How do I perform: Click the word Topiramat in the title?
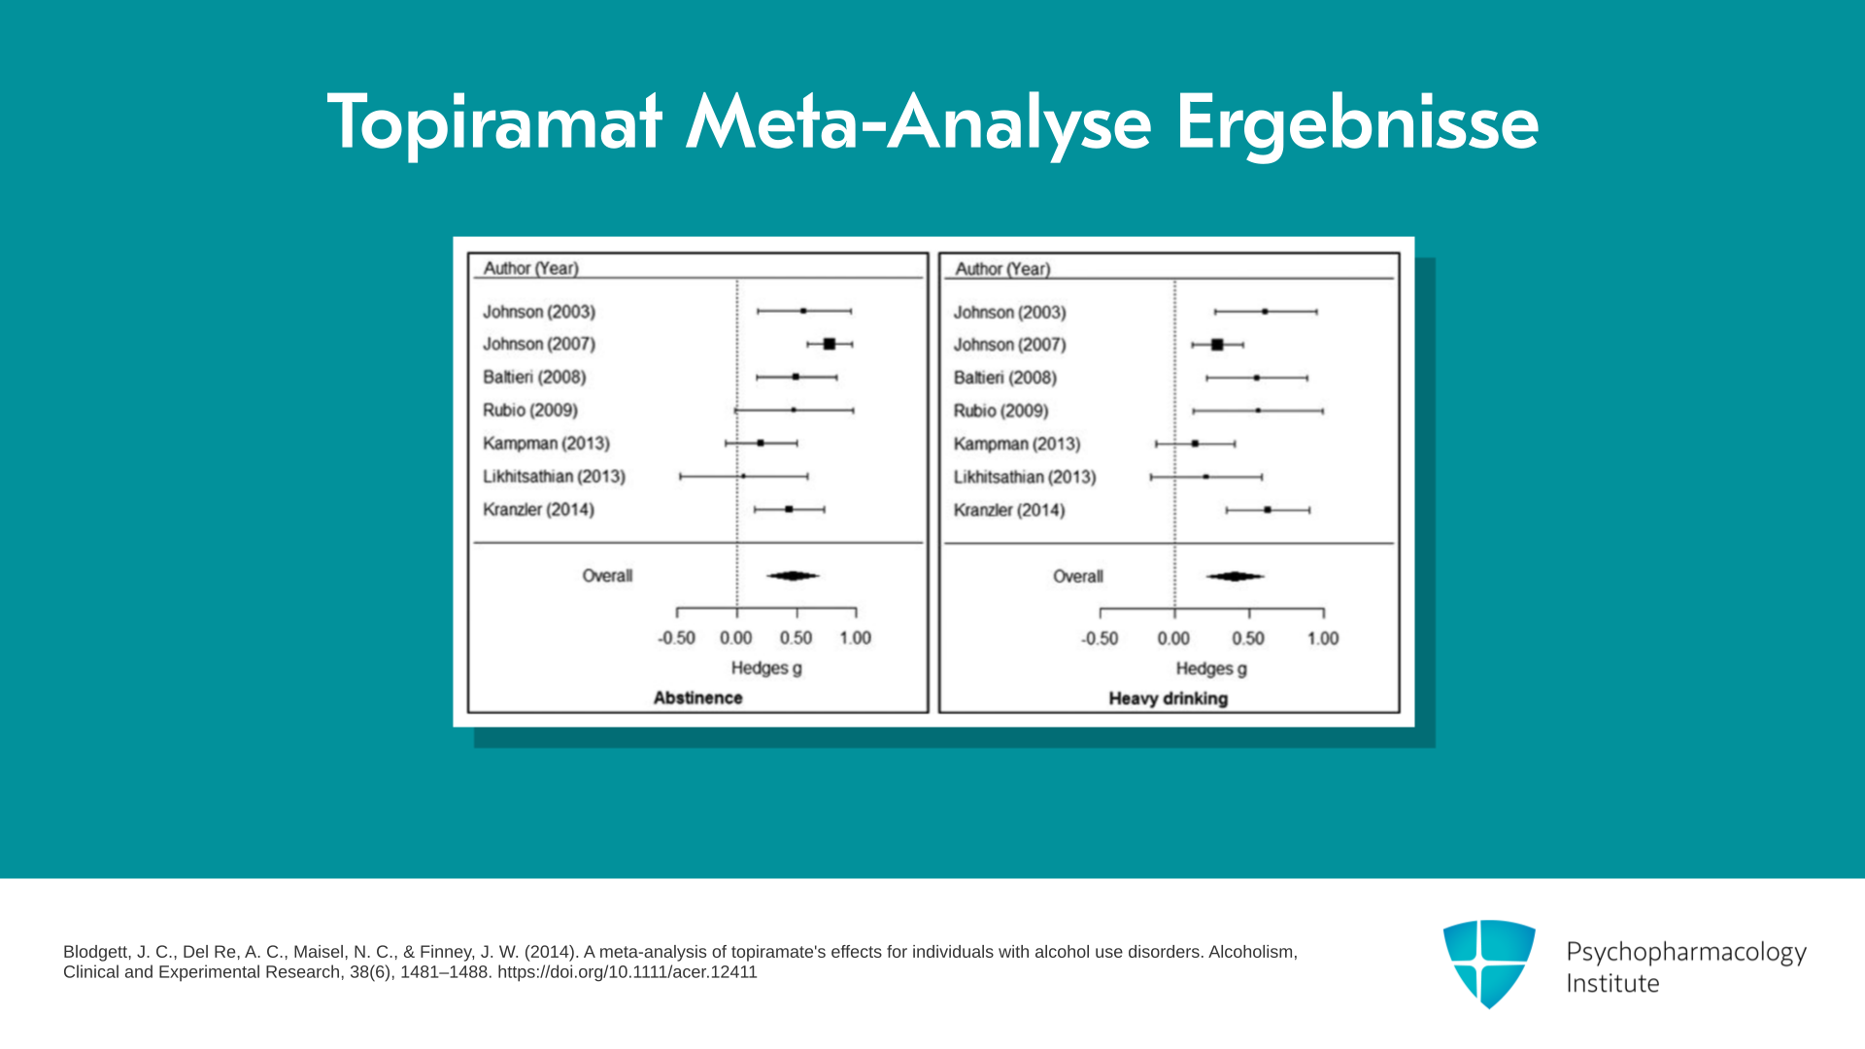(x=495, y=122)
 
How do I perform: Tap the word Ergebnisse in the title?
(x=1357, y=122)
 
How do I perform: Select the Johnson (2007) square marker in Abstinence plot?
(x=830, y=344)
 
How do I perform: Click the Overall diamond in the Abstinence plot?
(x=793, y=576)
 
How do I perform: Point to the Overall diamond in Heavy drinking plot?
(x=1235, y=576)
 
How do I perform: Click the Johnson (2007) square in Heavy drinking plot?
(x=1217, y=345)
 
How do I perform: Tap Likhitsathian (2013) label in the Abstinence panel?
(x=554, y=476)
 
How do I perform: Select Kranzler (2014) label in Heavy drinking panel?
(x=1009, y=510)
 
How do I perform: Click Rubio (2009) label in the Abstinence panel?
(x=530, y=410)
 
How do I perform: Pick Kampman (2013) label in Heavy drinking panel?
(x=1017, y=444)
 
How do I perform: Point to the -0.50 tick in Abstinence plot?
(x=677, y=612)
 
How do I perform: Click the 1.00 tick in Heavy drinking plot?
(x=1323, y=613)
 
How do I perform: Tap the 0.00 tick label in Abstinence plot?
(x=736, y=638)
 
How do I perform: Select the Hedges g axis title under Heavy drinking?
(x=1211, y=668)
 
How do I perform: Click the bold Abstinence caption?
(x=697, y=697)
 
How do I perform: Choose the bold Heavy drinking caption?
(x=1169, y=698)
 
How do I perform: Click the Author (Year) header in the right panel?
(x=1002, y=269)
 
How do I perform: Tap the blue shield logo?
(x=1489, y=964)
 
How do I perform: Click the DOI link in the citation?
(x=627, y=972)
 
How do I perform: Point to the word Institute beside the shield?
(x=1612, y=983)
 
